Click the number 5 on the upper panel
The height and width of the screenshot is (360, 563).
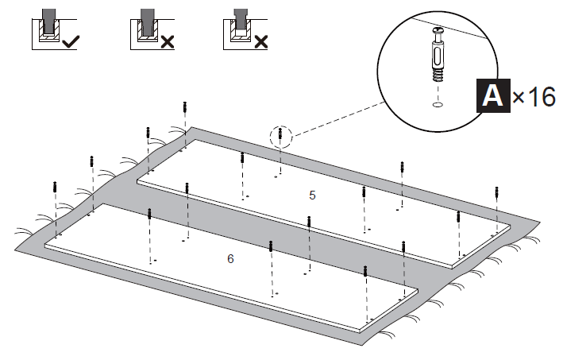pyautogui.click(x=312, y=195)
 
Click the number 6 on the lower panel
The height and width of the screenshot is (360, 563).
pyautogui.click(x=230, y=259)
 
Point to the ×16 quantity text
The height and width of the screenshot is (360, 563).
pyautogui.click(x=533, y=97)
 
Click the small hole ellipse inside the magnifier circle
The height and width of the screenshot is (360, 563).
pyautogui.click(x=438, y=104)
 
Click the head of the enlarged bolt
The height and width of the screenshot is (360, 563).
pyautogui.click(x=438, y=33)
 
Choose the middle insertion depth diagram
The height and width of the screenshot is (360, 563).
pyautogui.click(x=145, y=29)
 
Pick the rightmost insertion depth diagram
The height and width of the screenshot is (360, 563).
pyautogui.click(x=237, y=29)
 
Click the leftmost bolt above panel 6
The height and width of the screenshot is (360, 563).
pyautogui.click(x=55, y=189)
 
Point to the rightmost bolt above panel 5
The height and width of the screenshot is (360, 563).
pyautogui.click(x=497, y=192)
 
